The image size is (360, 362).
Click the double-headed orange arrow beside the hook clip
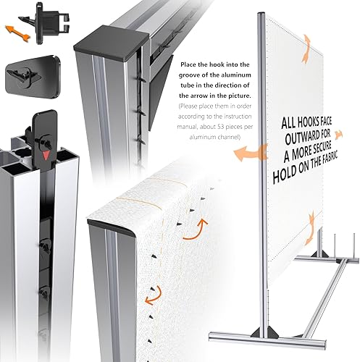[x=18, y=33]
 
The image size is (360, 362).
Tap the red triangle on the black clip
[x=45, y=155]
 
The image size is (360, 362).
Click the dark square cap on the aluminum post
[x=112, y=41]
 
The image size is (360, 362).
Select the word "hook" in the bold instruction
[x=220, y=64]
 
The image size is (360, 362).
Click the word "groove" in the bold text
[x=190, y=75]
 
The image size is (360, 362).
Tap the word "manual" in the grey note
[x=187, y=127]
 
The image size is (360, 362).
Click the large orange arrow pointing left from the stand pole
[x=250, y=153]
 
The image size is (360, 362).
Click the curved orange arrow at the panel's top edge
[x=306, y=49]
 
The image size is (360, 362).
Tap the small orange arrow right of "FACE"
[x=338, y=135]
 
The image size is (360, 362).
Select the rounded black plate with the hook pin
[x=33, y=77]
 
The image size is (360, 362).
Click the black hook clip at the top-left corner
[x=46, y=22]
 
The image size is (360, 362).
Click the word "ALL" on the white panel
[x=288, y=123]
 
